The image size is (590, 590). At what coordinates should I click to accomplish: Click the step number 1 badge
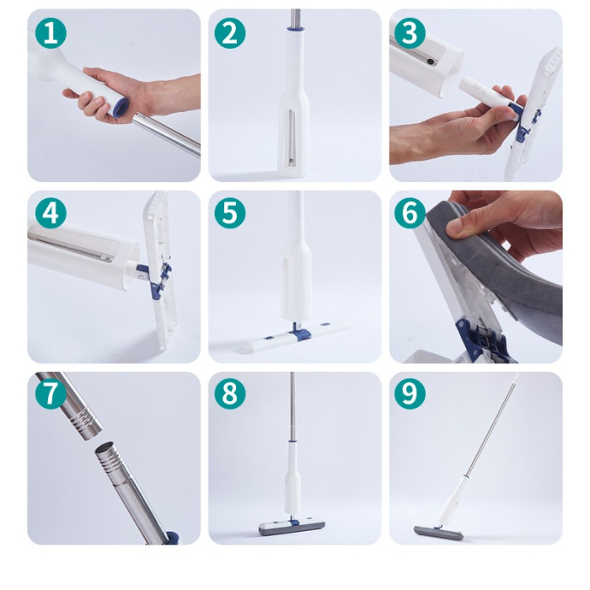(51, 34)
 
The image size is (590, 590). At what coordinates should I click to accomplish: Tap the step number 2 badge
(230, 34)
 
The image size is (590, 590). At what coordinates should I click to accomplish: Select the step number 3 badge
(410, 34)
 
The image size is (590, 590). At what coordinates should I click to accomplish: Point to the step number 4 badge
(51, 213)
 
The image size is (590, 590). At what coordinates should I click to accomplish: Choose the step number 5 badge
(230, 213)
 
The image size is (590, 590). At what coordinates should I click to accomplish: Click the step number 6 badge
(410, 213)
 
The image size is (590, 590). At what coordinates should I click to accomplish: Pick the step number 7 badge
(51, 394)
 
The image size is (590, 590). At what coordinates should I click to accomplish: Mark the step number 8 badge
(230, 394)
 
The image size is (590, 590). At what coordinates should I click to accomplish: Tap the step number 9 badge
(410, 394)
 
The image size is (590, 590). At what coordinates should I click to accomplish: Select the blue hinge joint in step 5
(295, 330)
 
